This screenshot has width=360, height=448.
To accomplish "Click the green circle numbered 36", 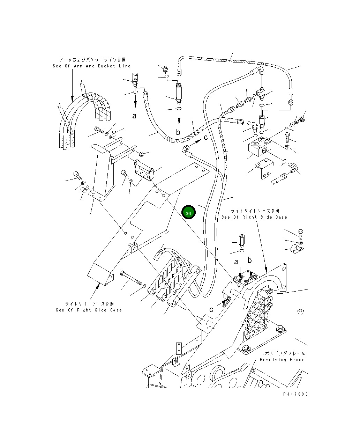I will [x=188, y=213].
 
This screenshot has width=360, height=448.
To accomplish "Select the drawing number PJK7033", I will [x=295, y=394].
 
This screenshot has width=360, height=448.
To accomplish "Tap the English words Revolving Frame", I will [x=282, y=359].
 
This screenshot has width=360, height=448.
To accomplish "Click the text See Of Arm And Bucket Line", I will [x=91, y=66].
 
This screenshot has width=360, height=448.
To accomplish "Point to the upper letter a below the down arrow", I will [x=134, y=116].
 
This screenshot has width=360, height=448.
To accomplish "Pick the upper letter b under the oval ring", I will [x=178, y=132].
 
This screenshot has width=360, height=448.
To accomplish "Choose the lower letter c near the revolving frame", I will [x=211, y=309].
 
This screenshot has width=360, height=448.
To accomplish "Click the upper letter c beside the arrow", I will [x=205, y=138].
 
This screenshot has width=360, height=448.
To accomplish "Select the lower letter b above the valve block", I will [x=250, y=260].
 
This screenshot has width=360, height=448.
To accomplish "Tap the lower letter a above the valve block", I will [x=237, y=262].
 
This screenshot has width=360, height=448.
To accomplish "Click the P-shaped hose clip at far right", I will [x=295, y=250].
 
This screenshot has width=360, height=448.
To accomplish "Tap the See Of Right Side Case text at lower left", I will [x=89, y=310].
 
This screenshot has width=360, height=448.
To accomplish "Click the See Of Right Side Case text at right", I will [x=254, y=217].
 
